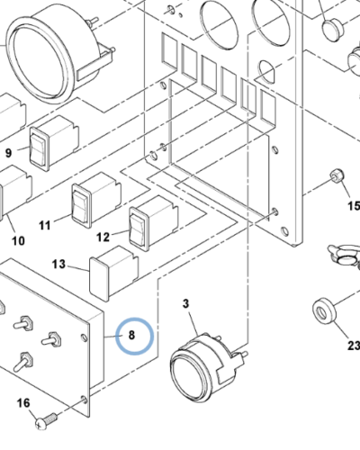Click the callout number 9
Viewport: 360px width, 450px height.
[x=9, y=153]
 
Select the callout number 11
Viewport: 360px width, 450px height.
[x=45, y=225]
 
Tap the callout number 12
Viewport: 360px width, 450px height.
[x=103, y=237]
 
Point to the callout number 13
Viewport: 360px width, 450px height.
[x=58, y=264]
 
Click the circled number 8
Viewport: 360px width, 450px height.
[x=131, y=335]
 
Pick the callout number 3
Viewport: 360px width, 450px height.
[x=186, y=303]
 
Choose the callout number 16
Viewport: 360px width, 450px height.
[x=23, y=403]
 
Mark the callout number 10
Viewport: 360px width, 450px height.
[x=18, y=240]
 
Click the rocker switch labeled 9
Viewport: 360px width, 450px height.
[x=54, y=143]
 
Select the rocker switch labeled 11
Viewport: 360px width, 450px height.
[x=96, y=200]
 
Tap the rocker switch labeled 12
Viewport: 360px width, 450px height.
[x=154, y=223]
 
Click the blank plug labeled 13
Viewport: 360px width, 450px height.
[x=114, y=273]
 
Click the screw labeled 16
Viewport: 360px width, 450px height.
[x=46, y=420]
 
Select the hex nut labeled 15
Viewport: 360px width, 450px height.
[x=337, y=175]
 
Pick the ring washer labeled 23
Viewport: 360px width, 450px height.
[x=324, y=310]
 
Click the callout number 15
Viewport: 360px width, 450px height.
[x=354, y=206]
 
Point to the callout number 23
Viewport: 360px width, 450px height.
[x=354, y=346]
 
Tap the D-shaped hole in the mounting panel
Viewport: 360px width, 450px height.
[x=266, y=71]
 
